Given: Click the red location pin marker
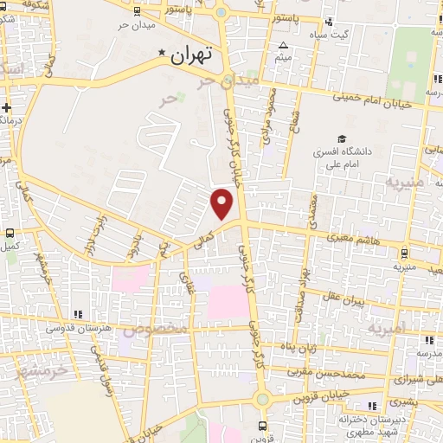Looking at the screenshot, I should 222,203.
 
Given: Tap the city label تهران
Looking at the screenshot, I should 191,57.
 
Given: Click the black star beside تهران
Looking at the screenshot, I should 162,55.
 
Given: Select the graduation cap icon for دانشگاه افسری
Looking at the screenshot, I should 343,138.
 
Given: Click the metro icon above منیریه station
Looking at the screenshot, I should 404,254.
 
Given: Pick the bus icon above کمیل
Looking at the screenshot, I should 10,233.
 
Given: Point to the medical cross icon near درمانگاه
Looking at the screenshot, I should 7,108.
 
